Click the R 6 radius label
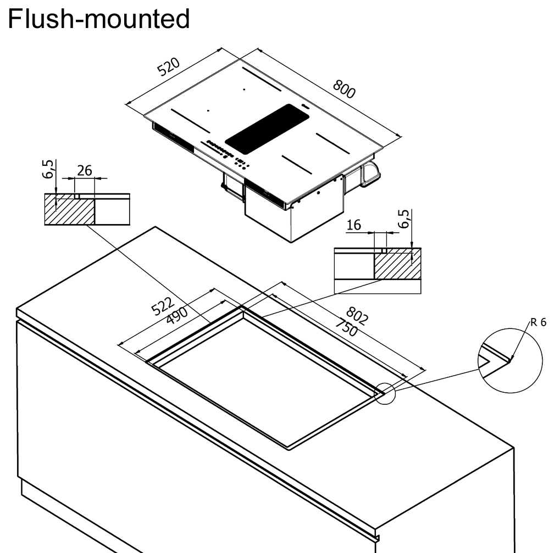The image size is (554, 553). [538, 322]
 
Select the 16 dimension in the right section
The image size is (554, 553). [355, 225]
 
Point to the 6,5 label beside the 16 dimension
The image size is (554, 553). [405, 219]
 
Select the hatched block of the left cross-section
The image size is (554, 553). [69, 209]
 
